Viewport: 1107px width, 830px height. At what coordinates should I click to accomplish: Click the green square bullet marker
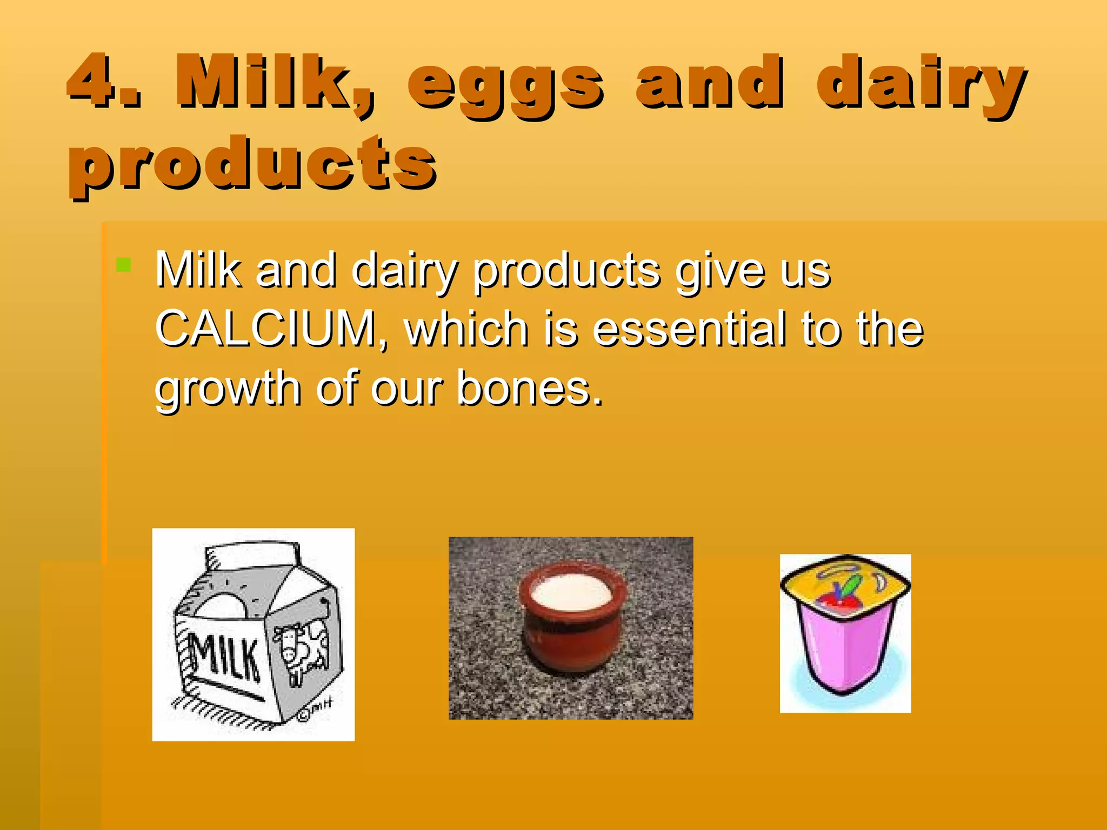[x=123, y=265]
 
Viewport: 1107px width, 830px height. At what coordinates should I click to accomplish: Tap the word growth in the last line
[x=228, y=389]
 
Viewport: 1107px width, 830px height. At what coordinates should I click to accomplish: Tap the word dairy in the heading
[x=919, y=84]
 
